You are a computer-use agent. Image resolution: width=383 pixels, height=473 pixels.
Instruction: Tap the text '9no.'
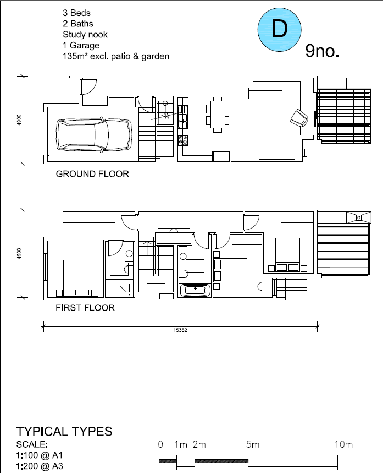tap(323, 52)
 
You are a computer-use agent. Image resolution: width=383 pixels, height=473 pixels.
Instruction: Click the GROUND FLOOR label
tap(92, 174)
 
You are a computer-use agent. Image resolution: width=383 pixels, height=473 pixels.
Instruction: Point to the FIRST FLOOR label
tap(85, 308)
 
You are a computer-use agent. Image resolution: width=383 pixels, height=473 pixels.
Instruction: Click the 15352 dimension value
tap(180, 331)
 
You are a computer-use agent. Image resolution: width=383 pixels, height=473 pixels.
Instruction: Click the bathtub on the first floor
tap(195, 290)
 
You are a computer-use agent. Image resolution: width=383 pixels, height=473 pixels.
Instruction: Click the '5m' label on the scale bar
tap(253, 444)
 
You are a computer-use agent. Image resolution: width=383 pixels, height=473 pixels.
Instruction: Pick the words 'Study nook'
tap(85, 34)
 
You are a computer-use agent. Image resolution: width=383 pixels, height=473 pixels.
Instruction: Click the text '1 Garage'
tap(81, 45)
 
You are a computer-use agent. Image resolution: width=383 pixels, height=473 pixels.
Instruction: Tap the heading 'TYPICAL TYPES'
tap(64, 431)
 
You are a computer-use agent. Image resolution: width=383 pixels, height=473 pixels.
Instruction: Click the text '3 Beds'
tap(77, 12)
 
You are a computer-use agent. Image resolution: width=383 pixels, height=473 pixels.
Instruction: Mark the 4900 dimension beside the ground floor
tap(18, 119)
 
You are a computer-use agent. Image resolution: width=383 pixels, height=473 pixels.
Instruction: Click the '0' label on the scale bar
tap(160, 444)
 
